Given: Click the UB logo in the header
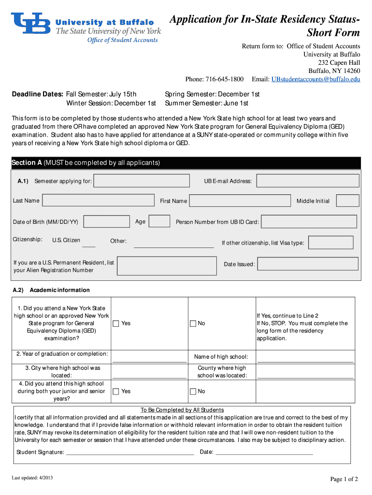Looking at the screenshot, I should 31,23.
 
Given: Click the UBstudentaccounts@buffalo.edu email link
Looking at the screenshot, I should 315,79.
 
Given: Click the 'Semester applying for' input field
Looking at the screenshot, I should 142,181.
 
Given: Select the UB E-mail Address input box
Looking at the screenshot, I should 308,181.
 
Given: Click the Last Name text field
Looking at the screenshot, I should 99,201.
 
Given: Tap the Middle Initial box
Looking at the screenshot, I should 347,201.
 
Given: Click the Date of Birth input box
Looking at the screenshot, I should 107,222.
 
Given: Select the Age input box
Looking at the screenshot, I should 159,221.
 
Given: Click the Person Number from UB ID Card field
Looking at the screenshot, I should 309,222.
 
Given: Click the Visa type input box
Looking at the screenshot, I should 330,243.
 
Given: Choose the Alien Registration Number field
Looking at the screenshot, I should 167,266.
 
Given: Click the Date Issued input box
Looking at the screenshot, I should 308,264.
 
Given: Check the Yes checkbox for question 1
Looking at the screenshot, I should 116,323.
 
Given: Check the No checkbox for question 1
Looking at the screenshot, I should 193,323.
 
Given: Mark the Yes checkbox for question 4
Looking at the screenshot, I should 116,392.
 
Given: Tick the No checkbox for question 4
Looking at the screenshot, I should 193,392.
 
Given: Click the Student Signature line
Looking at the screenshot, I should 129,452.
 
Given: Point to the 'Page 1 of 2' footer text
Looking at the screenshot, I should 344,479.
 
